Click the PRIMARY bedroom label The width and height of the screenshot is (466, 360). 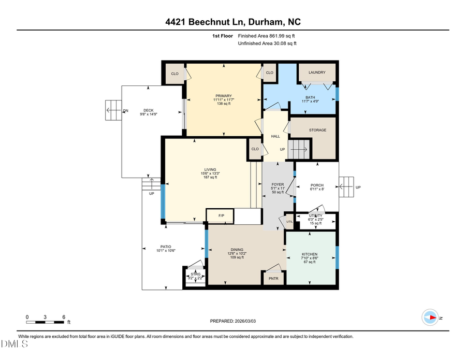[224, 96]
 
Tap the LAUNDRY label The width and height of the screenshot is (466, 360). [317, 73]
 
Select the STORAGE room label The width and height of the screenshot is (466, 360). [317, 130]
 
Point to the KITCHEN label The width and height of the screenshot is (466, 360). [310, 254]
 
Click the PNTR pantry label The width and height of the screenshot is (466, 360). [273, 279]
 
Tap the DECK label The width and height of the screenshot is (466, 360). [148, 110]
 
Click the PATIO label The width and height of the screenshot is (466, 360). [166, 247]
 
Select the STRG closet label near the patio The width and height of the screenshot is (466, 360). [195, 273]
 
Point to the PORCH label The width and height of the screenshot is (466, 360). [317, 185]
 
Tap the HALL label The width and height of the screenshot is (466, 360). [275, 136]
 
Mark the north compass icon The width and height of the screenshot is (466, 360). [430, 318]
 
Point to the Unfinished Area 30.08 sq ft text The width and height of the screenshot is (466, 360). [266, 44]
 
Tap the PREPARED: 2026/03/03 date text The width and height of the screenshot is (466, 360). [232, 321]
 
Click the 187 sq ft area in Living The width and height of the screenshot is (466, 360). [210, 177]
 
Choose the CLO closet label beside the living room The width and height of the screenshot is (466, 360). [255, 149]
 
